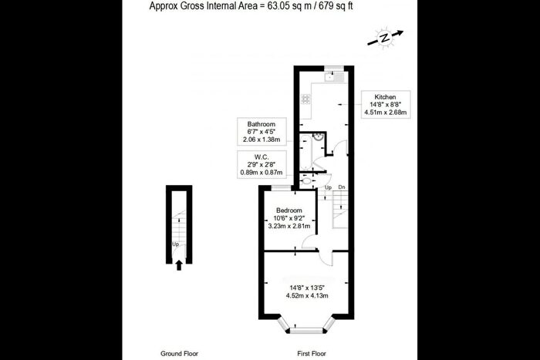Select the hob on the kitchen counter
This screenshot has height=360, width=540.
coord(306,99)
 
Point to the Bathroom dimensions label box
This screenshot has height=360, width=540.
coord(262,132)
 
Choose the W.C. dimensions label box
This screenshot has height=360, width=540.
coord(262,163)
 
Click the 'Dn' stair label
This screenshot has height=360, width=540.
coord(340,187)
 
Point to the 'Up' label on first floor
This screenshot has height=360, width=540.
coord(327,187)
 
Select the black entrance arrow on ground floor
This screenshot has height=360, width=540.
coord(180,265)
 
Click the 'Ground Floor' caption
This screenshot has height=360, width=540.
coord(179,353)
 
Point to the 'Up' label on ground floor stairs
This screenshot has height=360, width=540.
coord(176,244)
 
